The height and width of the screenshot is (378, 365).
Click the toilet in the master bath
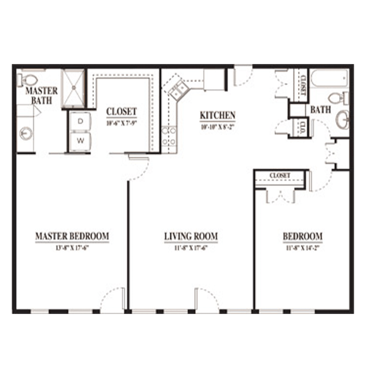[x=29, y=80]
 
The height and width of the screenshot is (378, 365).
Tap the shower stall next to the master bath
[x=74, y=88]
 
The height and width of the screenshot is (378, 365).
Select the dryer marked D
[x=80, y=121]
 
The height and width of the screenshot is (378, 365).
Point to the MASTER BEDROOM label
[x=72, y=236]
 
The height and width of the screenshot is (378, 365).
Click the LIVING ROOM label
[x=191, y=236]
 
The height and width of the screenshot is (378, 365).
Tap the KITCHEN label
[x=217, y=115]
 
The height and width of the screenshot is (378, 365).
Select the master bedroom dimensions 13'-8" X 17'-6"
[x=72, y=247]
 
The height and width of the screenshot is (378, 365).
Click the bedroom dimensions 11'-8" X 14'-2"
[x=303, y=247]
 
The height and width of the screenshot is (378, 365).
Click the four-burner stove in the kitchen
[x=169, y=135]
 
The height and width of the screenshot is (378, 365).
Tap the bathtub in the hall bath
[x=330, y=79]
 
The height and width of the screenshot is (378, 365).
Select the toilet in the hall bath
[x=336, y=97]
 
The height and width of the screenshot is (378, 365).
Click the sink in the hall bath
[x=343, y=120]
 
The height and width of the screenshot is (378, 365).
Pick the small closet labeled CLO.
[x=302, y=127]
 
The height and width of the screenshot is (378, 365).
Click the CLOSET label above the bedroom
[x=280, y=176]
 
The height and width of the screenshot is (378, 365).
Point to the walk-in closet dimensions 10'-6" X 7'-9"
[x=122, y=123]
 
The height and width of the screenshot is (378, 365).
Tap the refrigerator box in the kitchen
[x=214, y=79]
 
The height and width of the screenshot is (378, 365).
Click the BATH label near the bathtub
[x=321, y=110]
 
